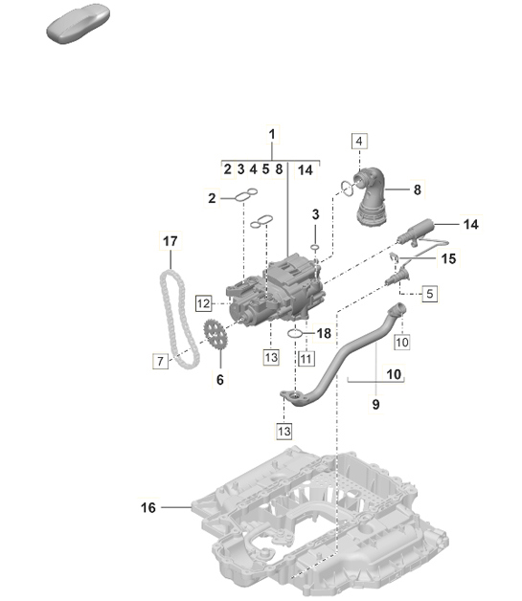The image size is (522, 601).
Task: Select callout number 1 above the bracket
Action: point(272,134)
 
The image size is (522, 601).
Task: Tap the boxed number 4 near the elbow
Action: point(359,142)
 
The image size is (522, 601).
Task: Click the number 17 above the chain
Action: point(170,241)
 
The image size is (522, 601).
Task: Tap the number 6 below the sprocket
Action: point(218,380)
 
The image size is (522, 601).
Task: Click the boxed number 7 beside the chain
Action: point(161,361)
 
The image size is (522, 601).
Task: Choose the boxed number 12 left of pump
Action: point(203,303)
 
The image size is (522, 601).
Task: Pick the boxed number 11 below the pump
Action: point(306,358)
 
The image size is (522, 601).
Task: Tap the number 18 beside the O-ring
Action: point(324,333)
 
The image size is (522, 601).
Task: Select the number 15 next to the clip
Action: point(449,258)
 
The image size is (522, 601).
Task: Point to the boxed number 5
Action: point(430,294)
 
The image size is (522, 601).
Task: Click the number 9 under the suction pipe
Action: point(375,405)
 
